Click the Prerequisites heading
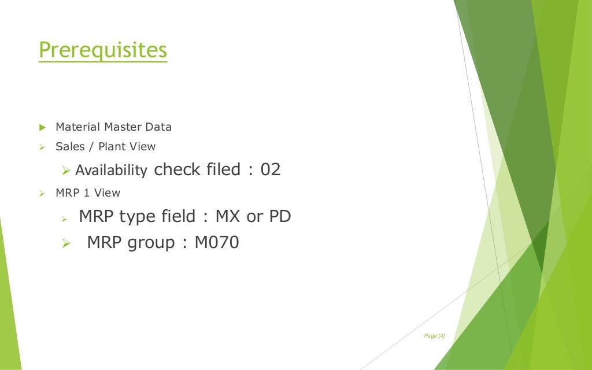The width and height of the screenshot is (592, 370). pyautogui.click(x=103, y=50)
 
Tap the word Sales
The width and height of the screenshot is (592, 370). pyautogui.click(x=70, y=146)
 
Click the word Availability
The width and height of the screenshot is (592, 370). pyautogui.click(x=111, y=171)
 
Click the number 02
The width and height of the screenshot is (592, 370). pyautogui.click(x=270, y=170)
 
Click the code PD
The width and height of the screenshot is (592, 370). pyautogui.click(x=280, y=217)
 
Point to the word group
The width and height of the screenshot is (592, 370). pyautogui.click(x=150, y=243)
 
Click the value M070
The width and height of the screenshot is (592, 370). pyautogui.click(x=217, y=242)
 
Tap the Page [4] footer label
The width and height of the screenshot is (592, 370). pyautogui.click(x=434, y=336)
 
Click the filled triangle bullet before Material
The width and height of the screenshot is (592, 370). pyautogui.click(x=42, y=127)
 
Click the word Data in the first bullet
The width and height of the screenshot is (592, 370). pyautogui.click(x=159, y=127)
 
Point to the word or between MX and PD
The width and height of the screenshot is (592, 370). pyautogui.click(x=254, y=217)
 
